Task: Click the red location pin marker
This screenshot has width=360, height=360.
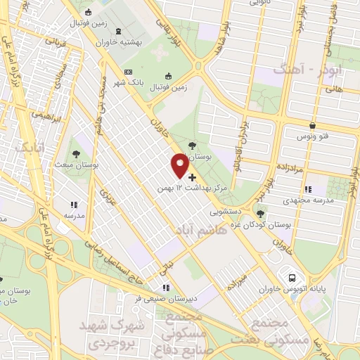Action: [180, 165]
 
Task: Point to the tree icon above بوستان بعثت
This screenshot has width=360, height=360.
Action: [76, 152]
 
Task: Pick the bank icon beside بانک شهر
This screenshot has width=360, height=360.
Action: [128, 72]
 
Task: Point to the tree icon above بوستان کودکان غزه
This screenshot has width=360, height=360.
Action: [261, 213]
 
